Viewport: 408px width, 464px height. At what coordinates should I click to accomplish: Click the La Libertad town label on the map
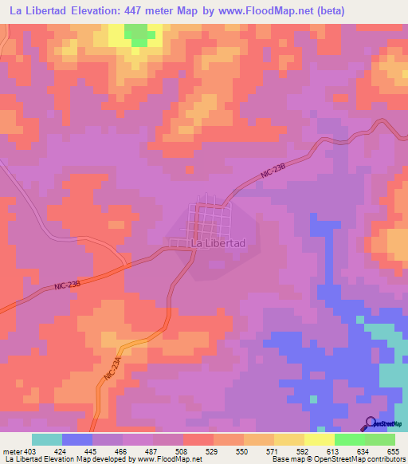point(217,242)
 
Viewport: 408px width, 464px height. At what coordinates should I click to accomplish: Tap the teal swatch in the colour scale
point(47,439)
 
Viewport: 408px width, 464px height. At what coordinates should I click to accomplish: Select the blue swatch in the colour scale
point(77,439)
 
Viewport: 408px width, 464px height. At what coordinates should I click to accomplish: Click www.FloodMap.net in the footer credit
point(169,459)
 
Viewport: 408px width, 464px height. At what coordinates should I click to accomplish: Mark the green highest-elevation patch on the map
point(139,33)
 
